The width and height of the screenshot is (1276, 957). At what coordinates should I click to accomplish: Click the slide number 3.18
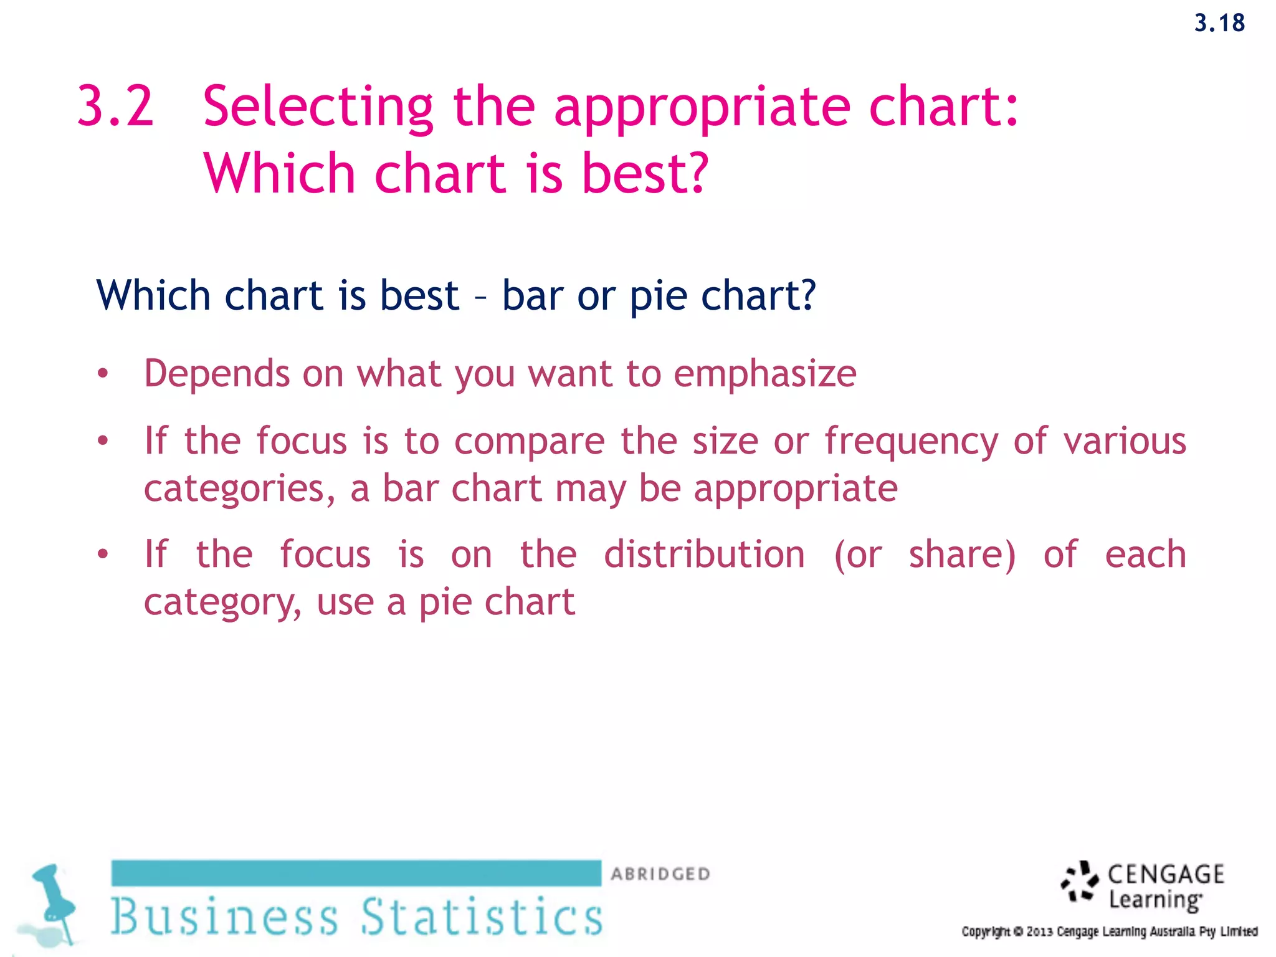(x=1219, y=23)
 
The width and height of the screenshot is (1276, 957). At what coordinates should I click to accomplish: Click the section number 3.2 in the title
(x=115, y=106)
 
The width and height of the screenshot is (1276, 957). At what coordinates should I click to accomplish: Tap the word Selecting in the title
(x=318, y=107)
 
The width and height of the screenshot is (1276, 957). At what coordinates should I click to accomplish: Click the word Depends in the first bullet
(x=217, y=374)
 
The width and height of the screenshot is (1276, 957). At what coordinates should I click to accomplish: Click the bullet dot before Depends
(x=103, y=374)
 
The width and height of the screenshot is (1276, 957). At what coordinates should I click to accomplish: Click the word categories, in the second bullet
(x=239, y=489)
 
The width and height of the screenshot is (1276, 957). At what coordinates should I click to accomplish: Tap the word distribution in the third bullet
(x=704, y=555)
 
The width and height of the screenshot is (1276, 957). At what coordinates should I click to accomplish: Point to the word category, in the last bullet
(x=222, y=603)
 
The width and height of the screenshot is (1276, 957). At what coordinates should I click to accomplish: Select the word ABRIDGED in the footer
(x=660, y=874)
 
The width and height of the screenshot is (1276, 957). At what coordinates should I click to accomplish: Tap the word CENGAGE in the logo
(x=1165, y=874)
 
